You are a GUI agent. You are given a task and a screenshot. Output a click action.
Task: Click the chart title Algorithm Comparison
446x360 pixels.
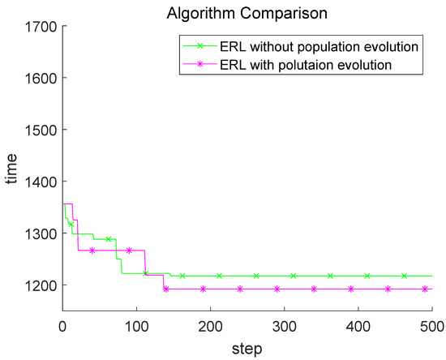(x=247, y=12)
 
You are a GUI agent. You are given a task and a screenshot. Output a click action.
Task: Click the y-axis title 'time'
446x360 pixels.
(x=11, y=168)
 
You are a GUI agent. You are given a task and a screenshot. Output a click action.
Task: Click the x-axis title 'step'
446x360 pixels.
(x=247, y=348)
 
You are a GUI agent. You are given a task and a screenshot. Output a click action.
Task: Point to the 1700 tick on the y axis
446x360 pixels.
(x=40, y=27)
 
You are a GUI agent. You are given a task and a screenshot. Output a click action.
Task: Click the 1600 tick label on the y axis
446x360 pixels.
(x=40, y=78)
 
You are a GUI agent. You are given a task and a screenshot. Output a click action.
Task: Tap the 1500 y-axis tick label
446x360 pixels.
(x=40, y=130)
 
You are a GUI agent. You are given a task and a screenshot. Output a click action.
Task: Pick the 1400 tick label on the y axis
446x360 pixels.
(x=40, y=182)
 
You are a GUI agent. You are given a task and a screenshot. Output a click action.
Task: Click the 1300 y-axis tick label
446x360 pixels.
(x=40, y=234)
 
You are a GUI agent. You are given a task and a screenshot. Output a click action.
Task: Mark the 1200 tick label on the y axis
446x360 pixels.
(x=40, y=285)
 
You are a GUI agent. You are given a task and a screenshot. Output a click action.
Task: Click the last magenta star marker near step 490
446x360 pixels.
(x=425, y=289)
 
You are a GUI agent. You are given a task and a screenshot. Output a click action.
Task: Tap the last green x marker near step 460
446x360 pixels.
(x=404, y=276)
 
